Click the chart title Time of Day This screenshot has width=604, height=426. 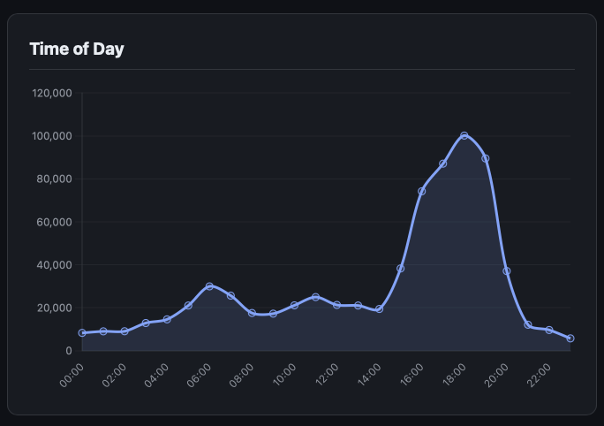pos(77,49)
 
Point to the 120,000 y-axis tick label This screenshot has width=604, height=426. pos(51,94)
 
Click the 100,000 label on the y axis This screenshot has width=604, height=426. pos(51,136)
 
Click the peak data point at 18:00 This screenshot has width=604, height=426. pos(464,136)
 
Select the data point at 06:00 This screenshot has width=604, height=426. pos(209,286)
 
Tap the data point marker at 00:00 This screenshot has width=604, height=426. pos(82,333)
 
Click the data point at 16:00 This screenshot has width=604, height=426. pos(422,191)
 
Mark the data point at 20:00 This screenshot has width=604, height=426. pos(507,270)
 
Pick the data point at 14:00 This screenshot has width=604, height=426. pos(380,309)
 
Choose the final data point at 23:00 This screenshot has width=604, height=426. pos(570,339)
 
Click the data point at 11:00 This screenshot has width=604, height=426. pos(316,297)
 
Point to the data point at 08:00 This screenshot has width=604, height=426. pos(252,313)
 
